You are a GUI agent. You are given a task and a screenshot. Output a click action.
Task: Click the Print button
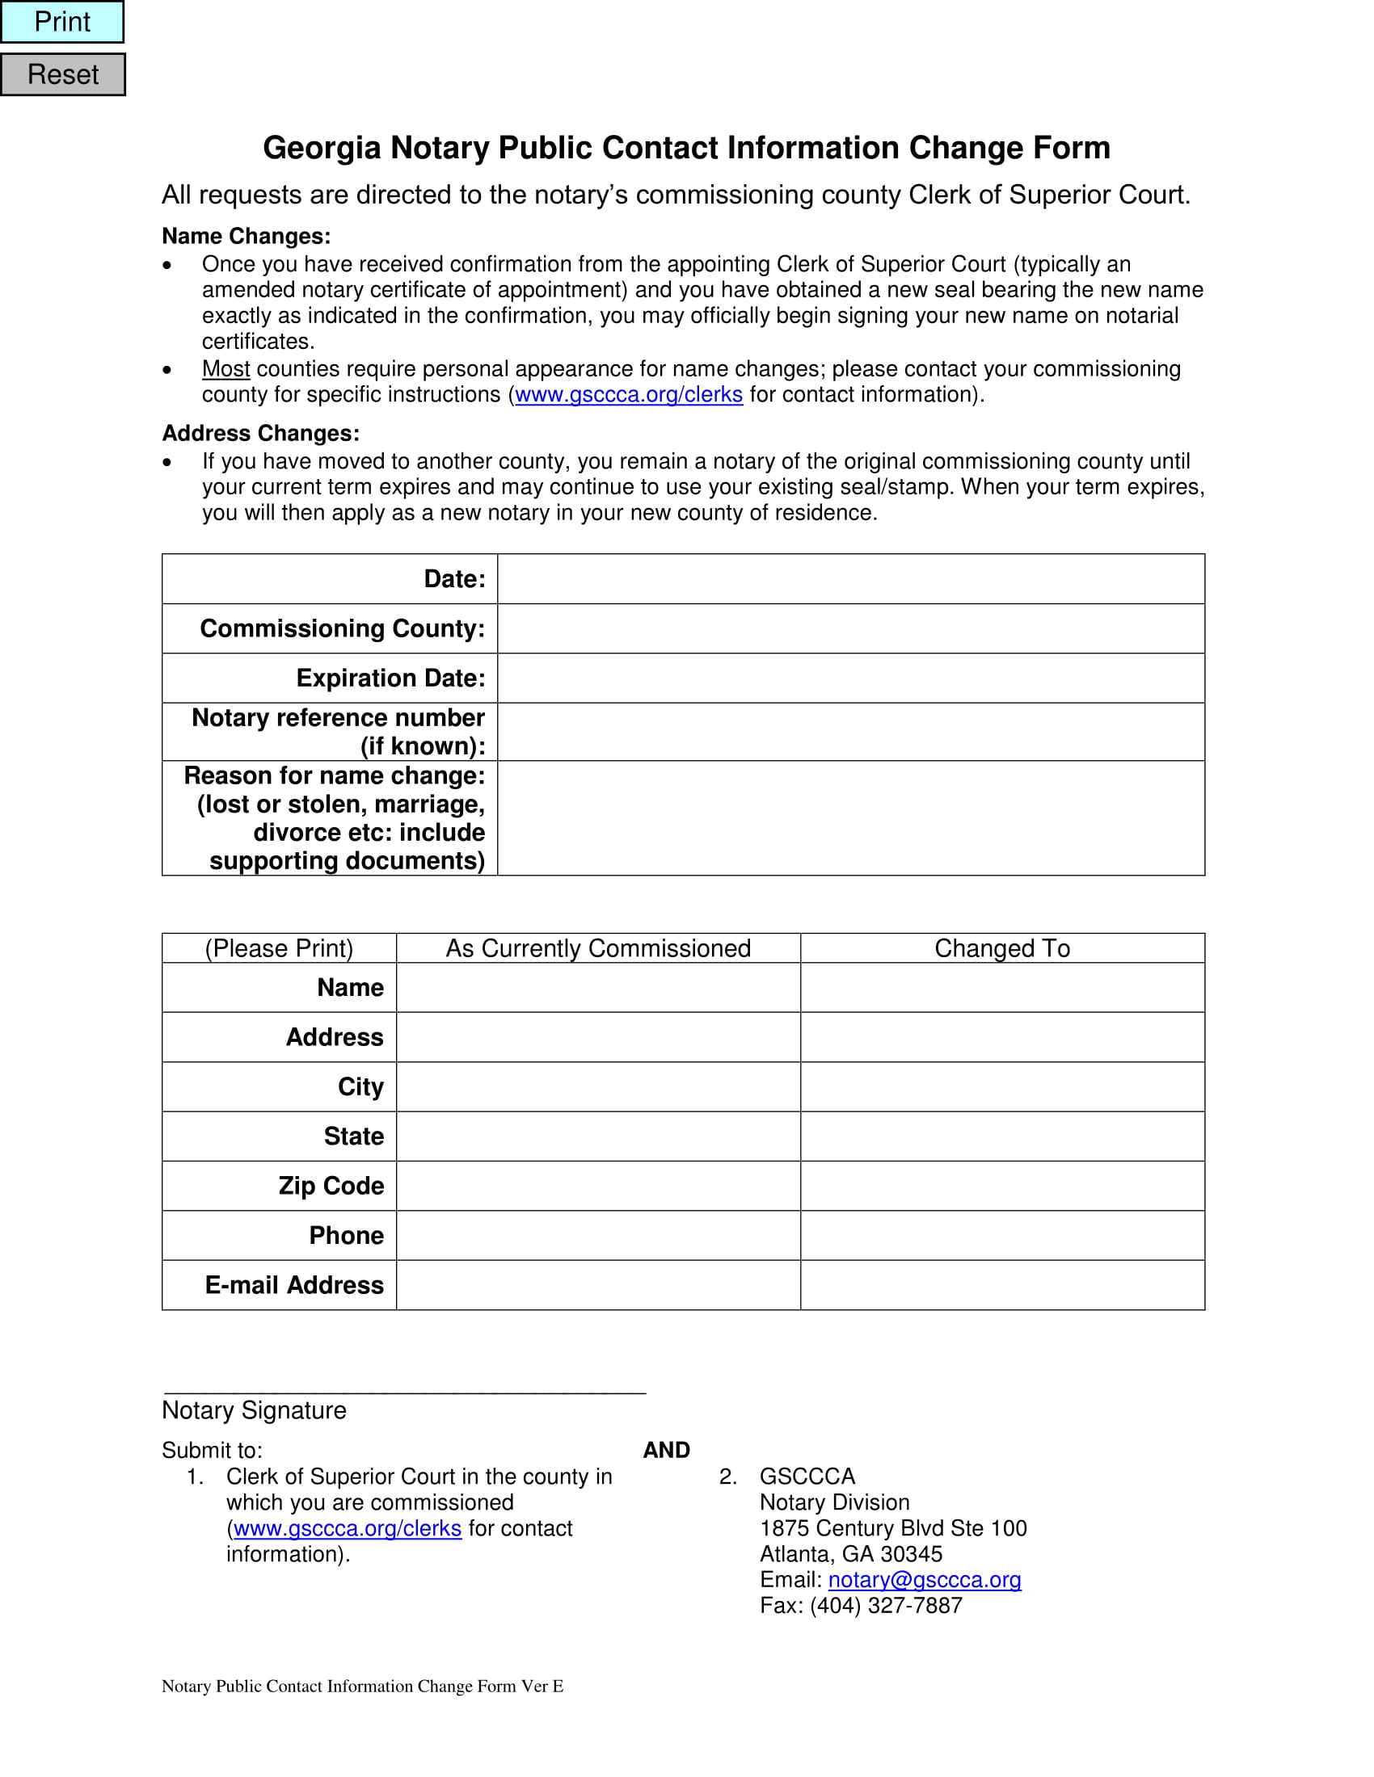(62, 22)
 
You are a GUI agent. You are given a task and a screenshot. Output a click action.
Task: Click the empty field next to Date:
(849, 578)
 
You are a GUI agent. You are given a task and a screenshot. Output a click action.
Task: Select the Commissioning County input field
(849, 628)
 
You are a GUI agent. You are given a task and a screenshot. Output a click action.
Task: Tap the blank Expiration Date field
(849, 678)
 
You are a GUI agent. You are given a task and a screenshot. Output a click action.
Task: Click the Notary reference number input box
(849, 732)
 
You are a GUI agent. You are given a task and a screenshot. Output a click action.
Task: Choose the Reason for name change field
(849, 817)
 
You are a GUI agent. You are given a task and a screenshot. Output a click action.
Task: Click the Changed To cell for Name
(1002, 987)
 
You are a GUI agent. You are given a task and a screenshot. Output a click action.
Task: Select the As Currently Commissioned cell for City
(598, 1086)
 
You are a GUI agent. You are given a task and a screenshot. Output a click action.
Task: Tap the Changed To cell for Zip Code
(1002, 1186)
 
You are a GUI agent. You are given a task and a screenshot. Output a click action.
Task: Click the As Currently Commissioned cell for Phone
(598, 1235)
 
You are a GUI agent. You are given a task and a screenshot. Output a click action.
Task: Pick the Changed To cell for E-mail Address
(1002, 1285)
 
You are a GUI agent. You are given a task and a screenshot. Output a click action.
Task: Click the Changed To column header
(1002, 948)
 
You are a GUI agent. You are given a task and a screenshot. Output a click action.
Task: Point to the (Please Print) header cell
(279, 948)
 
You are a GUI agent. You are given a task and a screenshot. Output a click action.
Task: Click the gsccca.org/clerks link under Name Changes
(628, 395)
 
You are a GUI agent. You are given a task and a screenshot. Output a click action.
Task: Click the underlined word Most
(225, 368)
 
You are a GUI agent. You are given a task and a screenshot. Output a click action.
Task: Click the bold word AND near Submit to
(666, 1450)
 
